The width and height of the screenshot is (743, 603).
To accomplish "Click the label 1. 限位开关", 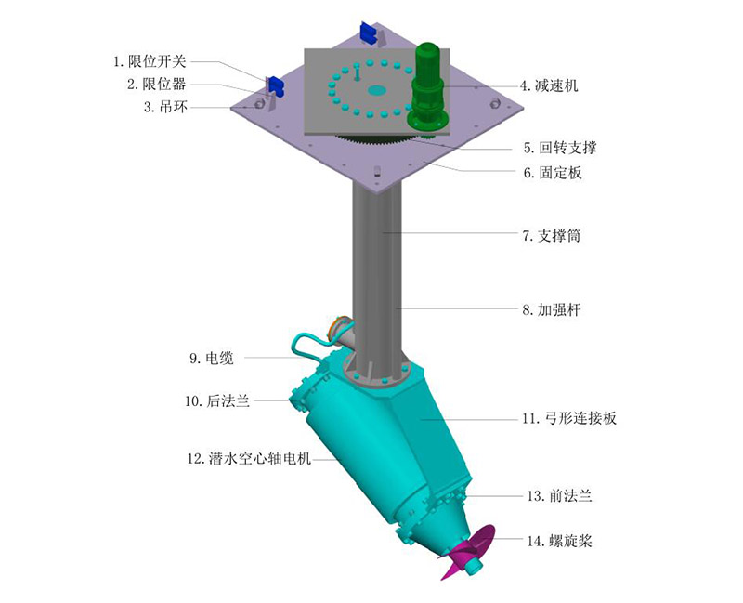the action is click(150, 61).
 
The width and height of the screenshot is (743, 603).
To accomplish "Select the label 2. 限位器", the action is click(157, 84).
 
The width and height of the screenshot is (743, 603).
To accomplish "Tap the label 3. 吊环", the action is click(166, 107).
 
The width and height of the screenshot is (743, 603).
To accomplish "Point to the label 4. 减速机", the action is click(549, 85).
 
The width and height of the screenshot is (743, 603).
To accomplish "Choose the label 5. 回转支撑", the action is click(560, 148).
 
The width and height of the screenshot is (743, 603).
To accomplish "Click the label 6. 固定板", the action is click(553, 173).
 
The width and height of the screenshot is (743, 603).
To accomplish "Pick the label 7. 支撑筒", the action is click(552, 235).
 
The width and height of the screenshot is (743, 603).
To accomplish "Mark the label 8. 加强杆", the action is click(552, 309).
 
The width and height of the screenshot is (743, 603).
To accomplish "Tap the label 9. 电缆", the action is click(212, 358).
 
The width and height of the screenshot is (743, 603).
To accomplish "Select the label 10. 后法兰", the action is click(217, 401).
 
